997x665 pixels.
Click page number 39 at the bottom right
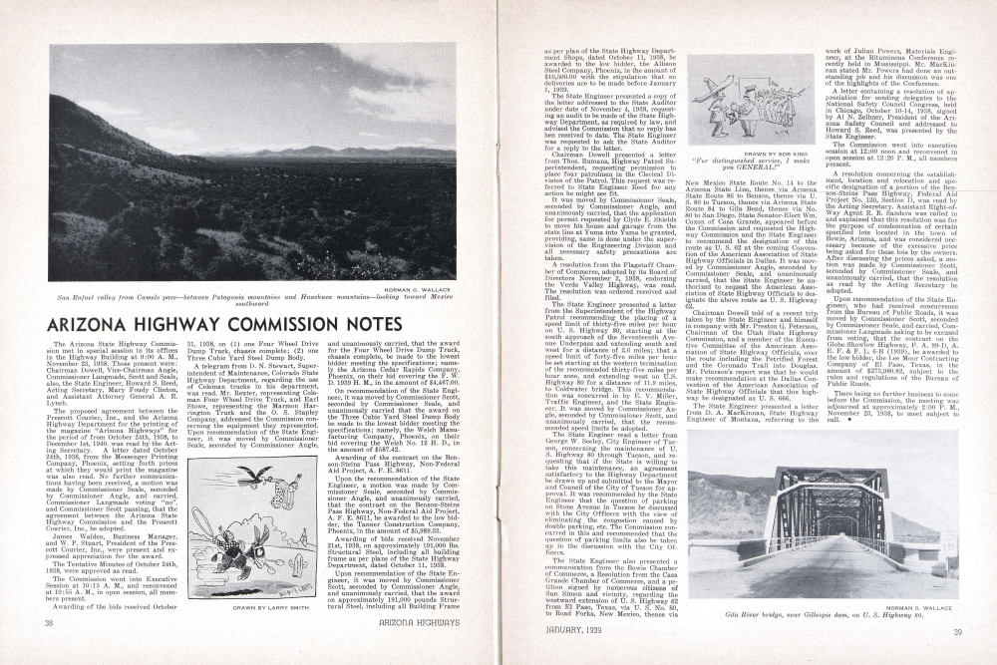[x=956, y=632]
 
